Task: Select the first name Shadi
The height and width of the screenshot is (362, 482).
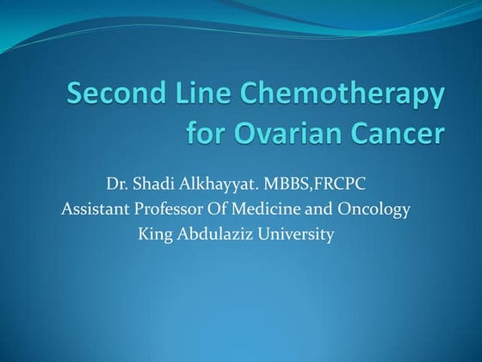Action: click(x=156, y=184)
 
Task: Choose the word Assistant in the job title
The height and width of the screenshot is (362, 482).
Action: click(x=95, y=209)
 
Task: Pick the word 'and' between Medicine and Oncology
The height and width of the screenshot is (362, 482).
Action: click(x=319, y=209)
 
